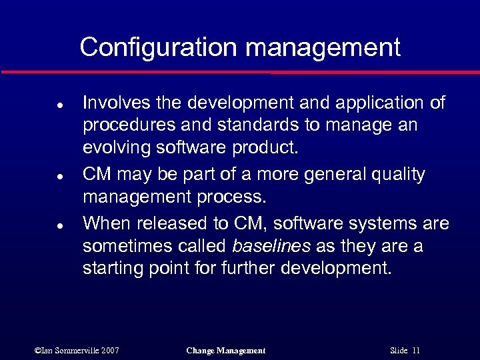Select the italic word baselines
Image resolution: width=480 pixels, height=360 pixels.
click(271, 247)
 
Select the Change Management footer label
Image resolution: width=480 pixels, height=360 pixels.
click(226, 350)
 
